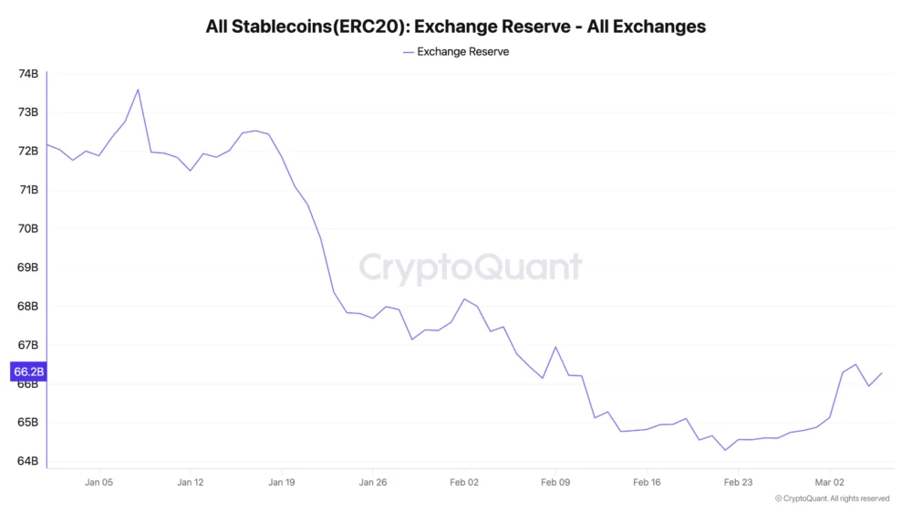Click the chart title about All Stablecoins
point(456,26)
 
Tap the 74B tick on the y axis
point(28,74)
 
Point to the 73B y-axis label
point(28,112)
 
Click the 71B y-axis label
point(28,190)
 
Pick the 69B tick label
point(28,267)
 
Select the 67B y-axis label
point(28,345)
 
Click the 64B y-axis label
point(28,461)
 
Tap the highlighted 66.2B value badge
point(27,372)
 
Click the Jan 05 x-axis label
point(99,481)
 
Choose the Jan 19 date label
point(282,481)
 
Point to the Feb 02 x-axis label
point(464,481)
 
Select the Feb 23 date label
point(738,481)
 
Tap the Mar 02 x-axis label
point(829,481)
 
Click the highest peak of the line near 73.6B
point(138,89)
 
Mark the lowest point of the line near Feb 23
point(725,450)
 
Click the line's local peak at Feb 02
point(464,299)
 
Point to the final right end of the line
point(882,372)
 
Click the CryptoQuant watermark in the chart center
point(470,267)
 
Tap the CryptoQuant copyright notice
point(832,498)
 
